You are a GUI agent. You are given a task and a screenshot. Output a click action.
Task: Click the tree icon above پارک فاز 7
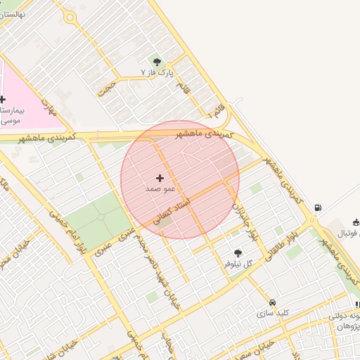(x=157, y=62)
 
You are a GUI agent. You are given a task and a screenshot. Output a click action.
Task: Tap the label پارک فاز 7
(x=157, y=72)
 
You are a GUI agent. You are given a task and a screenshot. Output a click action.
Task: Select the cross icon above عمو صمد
(x=160, y=179)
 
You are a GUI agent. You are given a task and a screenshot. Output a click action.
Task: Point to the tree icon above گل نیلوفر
(x=238, y=252)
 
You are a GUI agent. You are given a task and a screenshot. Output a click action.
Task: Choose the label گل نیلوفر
(x=238, y=264)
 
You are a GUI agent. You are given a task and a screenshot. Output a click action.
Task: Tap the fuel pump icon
(x=319, y=207)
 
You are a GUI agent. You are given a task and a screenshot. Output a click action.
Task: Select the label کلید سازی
(x=273, y=313)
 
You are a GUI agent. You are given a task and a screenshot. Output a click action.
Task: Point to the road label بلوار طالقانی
(x=281, y=243)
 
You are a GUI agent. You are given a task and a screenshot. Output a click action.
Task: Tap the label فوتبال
(x=345, y=233)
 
